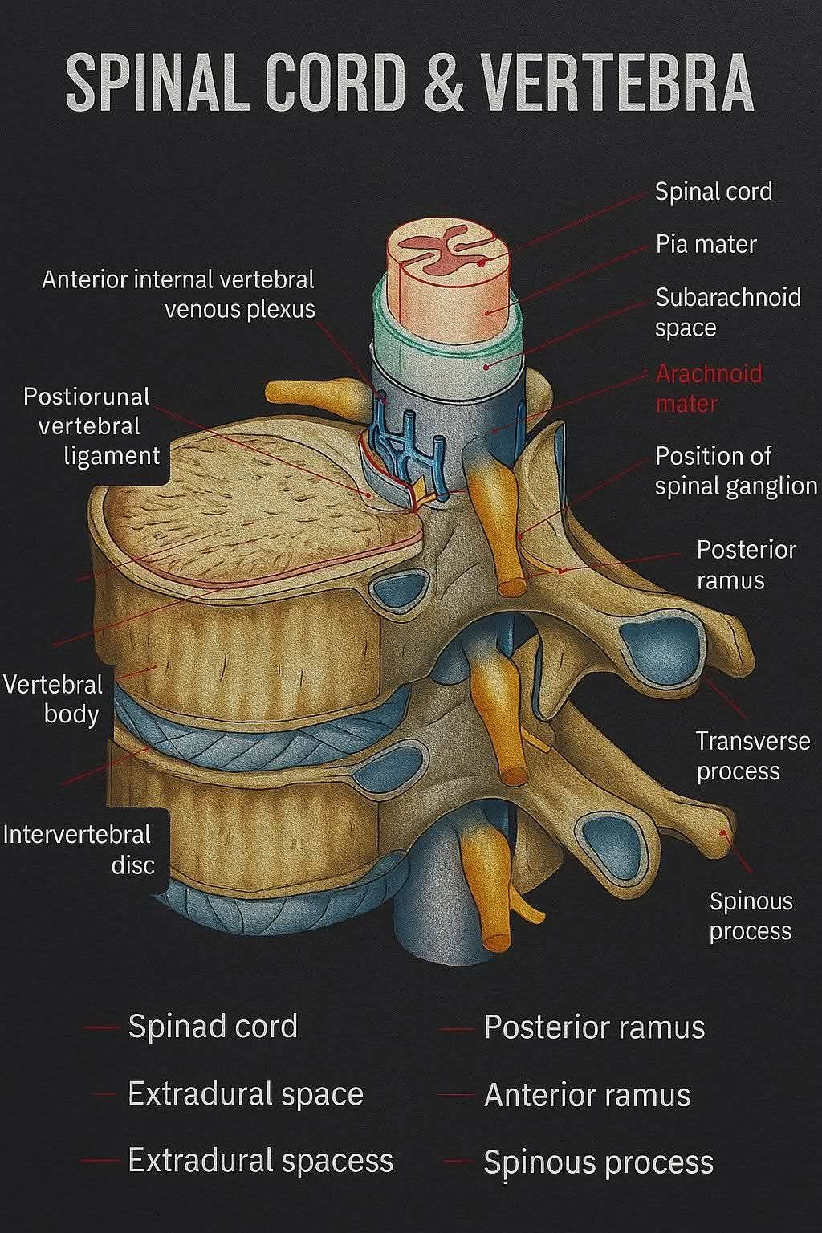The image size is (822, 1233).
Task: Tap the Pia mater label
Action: coord(706,244)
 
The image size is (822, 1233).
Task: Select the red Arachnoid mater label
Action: coord(709,389)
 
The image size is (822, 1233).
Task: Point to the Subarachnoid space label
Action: coord(728,312)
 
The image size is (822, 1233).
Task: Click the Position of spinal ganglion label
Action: coord(735,471)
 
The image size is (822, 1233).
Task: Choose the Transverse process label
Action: coord(753,756)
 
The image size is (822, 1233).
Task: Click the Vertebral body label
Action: coord(53,700)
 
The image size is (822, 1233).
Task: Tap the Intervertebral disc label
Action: coord(77,850)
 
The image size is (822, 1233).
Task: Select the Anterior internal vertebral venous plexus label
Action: coord(178,295)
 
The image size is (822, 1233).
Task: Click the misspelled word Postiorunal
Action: coord(87,397)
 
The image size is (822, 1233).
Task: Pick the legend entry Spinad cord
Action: coord(213,1026)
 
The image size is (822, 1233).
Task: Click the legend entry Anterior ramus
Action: coord(587,1095)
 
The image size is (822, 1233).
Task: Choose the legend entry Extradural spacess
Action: coord(260,1160)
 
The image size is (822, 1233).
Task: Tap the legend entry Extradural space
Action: coord(246,1094)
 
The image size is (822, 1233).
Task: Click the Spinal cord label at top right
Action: coord(714,192)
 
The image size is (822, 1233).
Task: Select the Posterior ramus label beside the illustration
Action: coord(746,565)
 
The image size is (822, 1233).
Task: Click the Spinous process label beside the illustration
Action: coord(751,917)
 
